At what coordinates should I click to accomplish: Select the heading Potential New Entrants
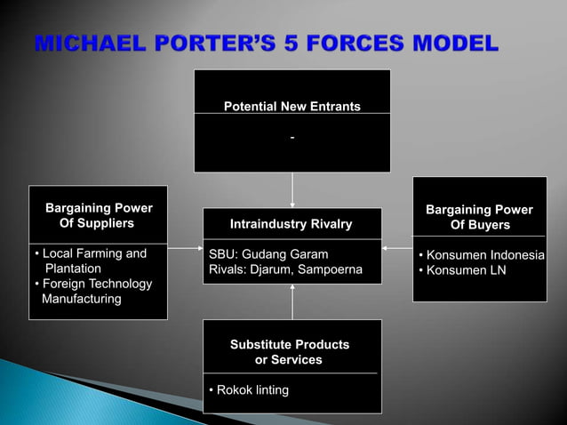(291, 107)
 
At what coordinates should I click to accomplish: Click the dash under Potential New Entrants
(291, 138)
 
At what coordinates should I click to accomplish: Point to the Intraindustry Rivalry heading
(291, 223)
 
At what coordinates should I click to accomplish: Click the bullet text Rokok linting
(249, 390)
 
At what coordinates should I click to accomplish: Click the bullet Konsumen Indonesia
(483, 255)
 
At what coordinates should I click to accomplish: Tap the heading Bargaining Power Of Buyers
(479, 217)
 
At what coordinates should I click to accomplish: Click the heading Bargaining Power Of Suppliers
(98, 215)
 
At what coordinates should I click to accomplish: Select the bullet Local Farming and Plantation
(89, 261)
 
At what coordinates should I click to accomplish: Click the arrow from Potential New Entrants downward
(291, 189)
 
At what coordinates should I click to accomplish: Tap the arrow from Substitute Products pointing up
(291, 302)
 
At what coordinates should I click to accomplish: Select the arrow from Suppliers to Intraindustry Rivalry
(185, 248)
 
